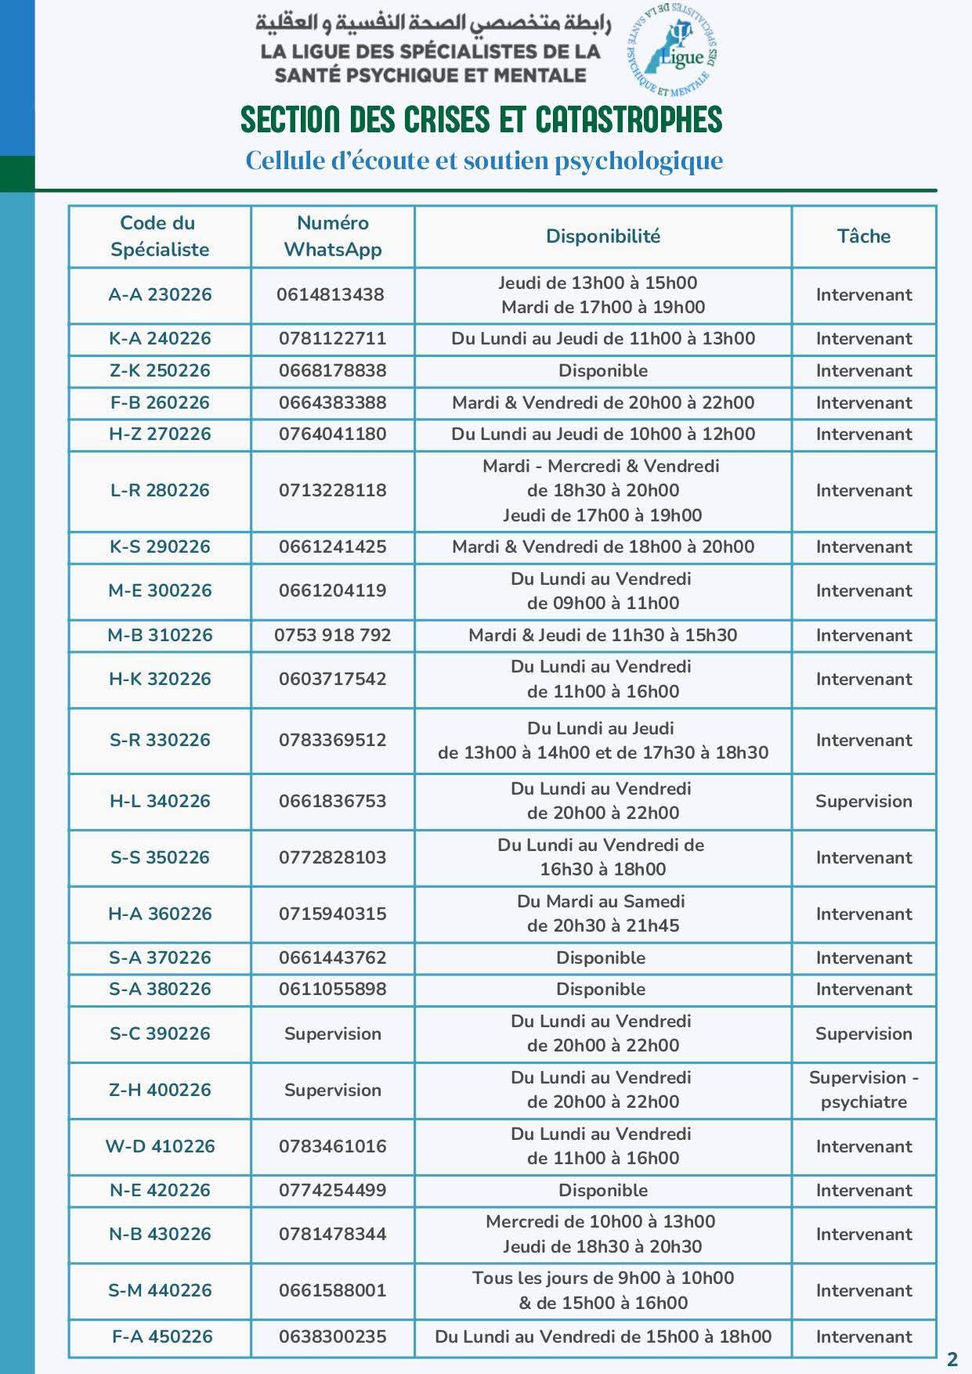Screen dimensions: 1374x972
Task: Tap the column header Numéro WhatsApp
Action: click(x=333, y=236)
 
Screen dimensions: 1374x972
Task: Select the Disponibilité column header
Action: click(x=603, y=236)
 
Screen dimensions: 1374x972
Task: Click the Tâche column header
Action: click(x=863, y=236)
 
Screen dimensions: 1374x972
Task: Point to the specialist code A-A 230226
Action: click(x=160, y=295)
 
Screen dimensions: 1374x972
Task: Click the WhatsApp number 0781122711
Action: click(x=332, y=339)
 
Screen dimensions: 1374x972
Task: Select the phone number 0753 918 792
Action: click(x=332, y=635)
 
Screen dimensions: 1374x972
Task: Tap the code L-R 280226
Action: click(x=160, y=491)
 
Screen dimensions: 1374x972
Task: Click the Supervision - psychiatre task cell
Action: click(x=863, y=1090)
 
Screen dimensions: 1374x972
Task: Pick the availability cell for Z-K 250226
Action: click(x=603, y=371)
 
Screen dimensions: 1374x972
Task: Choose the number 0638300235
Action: click(x=332, y=1336)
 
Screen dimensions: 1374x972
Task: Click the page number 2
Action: click(x=952, y=1359)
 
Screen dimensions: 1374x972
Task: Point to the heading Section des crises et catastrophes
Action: click(x=481, y=120)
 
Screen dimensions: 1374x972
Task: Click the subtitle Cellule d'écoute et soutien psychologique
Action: click(x=484, y=161)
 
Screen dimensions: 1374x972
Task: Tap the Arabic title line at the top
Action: click(x=432, y=23)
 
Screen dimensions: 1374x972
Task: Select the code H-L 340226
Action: click(x=160, y=801)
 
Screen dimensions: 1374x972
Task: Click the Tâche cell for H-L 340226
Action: click(x=863, y=801)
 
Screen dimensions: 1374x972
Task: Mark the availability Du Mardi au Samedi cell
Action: click(x=602, y=914)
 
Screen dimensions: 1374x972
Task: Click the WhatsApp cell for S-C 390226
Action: click(x=332, y=1033)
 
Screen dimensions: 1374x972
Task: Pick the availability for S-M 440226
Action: click(x=603, y=1290)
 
